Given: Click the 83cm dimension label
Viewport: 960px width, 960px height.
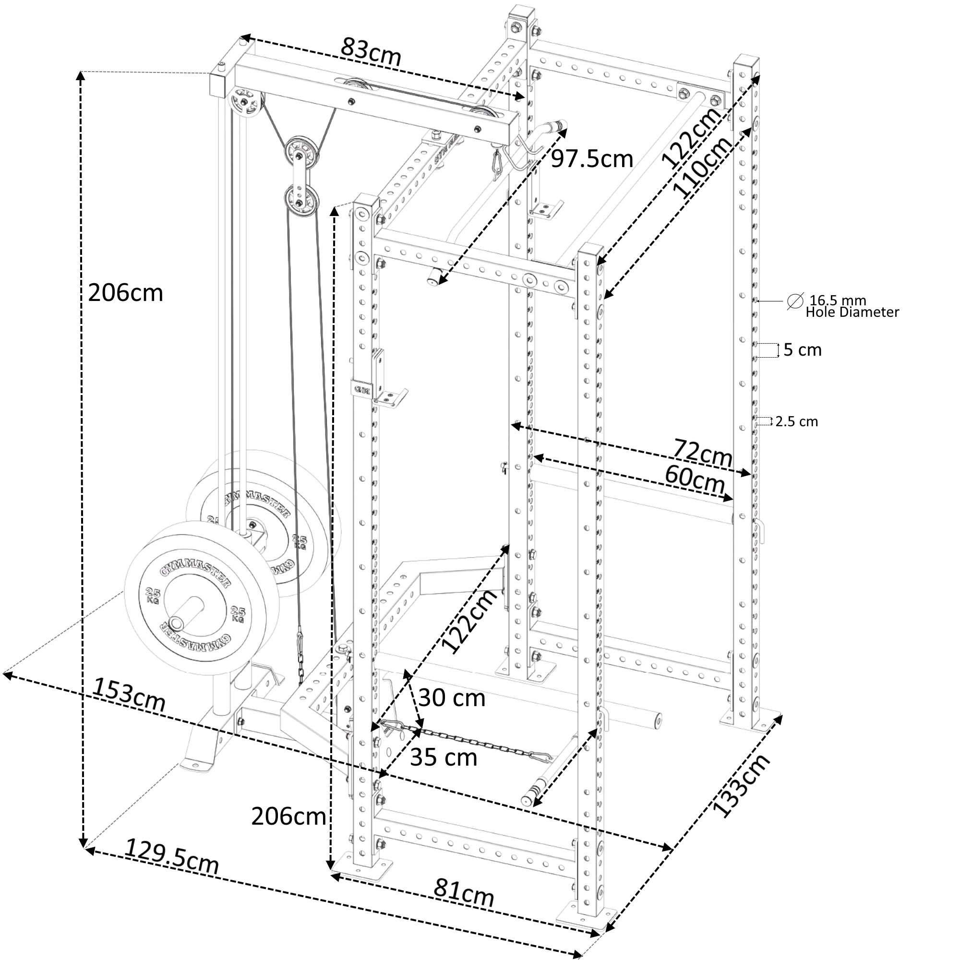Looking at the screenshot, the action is coord(371,51).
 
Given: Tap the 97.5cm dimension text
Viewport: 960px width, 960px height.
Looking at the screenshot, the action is coord(592,159).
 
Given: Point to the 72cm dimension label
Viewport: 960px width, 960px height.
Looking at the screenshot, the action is coord(703,452).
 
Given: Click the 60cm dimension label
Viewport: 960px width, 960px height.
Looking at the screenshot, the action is coord(695,479).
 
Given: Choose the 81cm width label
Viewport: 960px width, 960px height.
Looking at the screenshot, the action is coord(464,893).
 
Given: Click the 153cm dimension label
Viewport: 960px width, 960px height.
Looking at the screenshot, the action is coord(129,695).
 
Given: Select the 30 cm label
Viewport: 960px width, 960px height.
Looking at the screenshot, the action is coord(451,698).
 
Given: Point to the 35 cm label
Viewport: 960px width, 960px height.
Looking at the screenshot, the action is coord(443,758).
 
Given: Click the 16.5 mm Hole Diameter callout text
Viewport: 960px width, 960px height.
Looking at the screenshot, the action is coord(852,306).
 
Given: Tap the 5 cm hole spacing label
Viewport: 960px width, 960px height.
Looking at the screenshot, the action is coord(803,350).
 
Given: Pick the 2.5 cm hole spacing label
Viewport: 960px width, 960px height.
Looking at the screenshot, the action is coord(796,421).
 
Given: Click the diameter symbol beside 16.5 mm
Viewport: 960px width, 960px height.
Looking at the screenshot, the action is coord(795,301).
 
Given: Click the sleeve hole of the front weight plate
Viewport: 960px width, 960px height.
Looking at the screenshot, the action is coord(176,623).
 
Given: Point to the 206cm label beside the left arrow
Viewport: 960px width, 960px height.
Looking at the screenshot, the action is coord(125,293).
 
